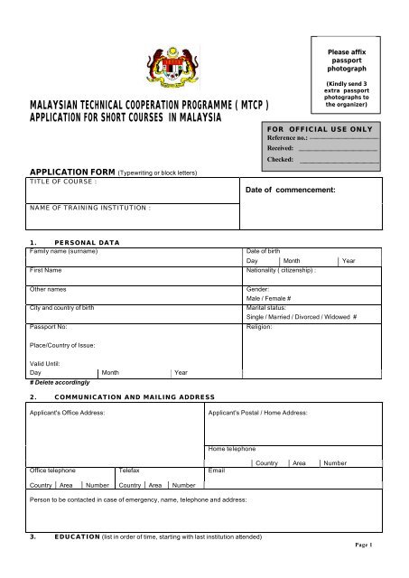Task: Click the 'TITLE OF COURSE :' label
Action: click(63, 182)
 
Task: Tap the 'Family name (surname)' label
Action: click(63, 250)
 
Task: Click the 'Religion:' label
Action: click(261, 327)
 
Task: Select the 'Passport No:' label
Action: click(50, 327)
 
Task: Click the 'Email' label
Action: click(216, 471)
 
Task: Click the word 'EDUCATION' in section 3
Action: click(75, 536)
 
